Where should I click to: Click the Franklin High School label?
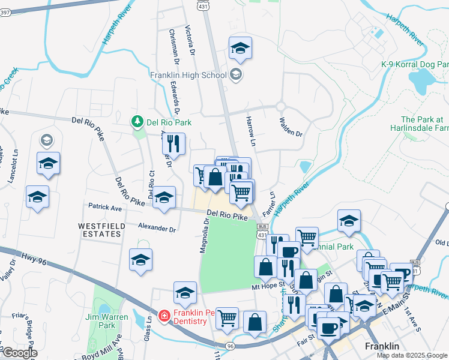pyautogui.click(x=187, y=75)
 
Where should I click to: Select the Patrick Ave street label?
pyautogui.click(x=104, y=208)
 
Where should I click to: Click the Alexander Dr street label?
pyautogui.click(x=157, y=229)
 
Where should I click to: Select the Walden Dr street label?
pyautogui.click(x=291, y=126)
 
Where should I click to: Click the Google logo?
pyautogui.click(x=19, y=353)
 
